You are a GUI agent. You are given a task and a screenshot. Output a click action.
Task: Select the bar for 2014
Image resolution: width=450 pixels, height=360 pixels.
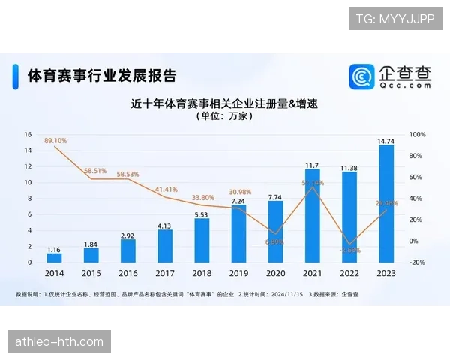pyautogui.click(x=54, y=257)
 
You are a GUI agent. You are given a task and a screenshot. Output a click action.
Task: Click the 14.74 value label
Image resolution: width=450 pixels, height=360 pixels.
pyautogui.click(x=386, y=140)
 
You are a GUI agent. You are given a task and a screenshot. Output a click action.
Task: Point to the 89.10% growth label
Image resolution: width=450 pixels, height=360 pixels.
pyautogui.click(x=55, y=140)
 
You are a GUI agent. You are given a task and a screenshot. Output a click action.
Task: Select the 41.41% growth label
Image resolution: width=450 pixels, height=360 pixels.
pyautogui.click(x=166, y=190)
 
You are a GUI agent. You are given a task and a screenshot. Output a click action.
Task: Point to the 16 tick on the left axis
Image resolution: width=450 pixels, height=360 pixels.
pyautogui.click(x=28, y=135)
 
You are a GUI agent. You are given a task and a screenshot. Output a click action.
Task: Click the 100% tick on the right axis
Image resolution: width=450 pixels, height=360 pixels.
pyautogui.click(x=417, y=135)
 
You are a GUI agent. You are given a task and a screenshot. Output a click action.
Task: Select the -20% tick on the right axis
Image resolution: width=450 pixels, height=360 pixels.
pyautogui.click(x=417, y=262)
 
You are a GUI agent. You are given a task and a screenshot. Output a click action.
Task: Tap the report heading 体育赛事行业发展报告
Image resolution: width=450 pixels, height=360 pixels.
pyautogui.click(x=102, y=76)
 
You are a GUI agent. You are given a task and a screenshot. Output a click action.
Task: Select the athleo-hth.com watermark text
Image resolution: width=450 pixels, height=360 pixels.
pyautogui.click(x=60, y=342)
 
